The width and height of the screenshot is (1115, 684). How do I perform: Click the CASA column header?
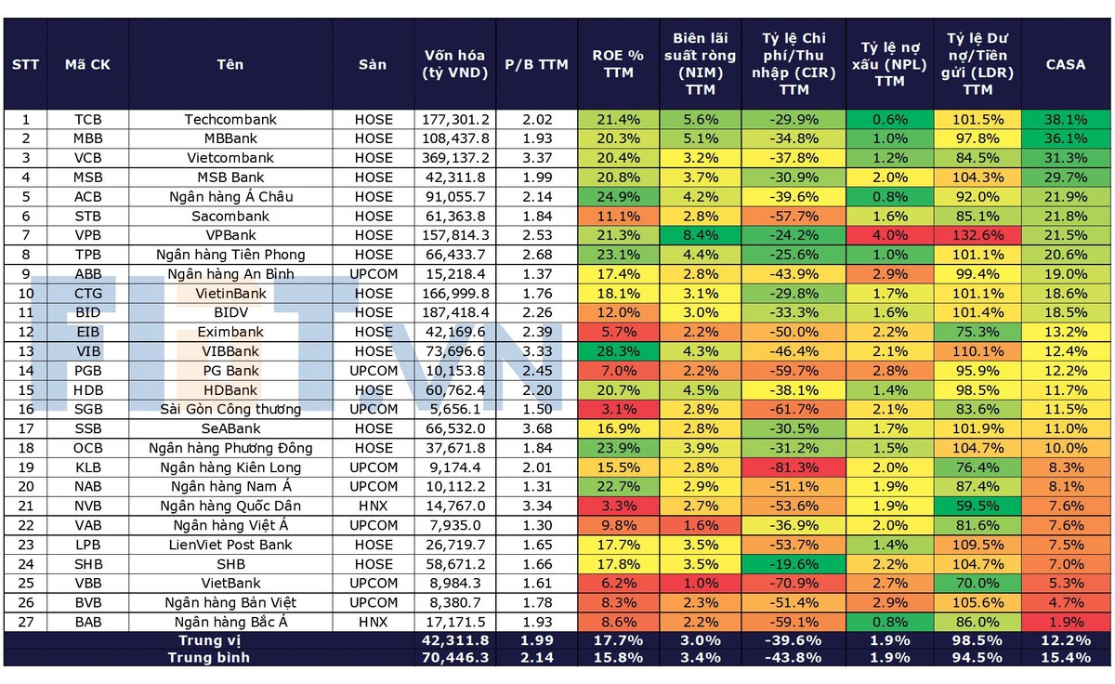point(1065,64)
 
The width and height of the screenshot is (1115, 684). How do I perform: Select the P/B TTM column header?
point(536,64)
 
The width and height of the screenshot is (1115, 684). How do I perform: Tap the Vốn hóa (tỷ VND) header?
point(455,64)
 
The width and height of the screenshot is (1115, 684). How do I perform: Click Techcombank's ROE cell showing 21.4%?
point(618,119)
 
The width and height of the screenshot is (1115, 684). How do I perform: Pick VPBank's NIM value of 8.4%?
point(701,235)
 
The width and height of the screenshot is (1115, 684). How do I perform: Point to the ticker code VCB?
point(88,158)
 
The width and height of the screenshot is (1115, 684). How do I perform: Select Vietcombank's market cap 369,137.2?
point(455,158)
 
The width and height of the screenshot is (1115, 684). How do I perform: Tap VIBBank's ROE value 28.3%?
point(618,351)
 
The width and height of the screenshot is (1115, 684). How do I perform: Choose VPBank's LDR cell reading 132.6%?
point(977,235)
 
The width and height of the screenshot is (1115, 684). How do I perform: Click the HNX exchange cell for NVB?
point(373,506)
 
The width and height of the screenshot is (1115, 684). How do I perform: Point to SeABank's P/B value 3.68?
point(536,428)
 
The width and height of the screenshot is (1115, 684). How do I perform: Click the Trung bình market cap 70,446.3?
point(455,657)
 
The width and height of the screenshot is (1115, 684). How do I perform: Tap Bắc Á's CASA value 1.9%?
point(1065,622)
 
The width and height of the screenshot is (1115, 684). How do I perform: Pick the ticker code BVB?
point(88,603)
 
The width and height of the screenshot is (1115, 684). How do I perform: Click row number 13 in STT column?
point(26,351)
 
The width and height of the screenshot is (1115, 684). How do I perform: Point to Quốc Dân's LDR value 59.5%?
point(977,506)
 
